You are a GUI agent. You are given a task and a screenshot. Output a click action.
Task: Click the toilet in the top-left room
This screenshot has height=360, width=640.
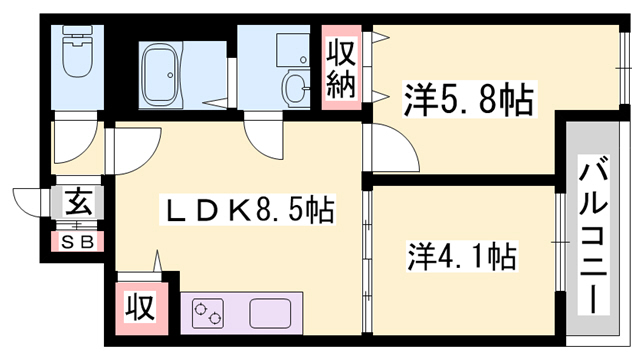(x=77, y=57)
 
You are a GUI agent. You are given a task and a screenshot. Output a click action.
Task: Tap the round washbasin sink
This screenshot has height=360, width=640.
(x=296, y=90)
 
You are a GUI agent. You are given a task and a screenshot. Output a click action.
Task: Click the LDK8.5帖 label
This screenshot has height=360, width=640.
(x=249, y=212)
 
